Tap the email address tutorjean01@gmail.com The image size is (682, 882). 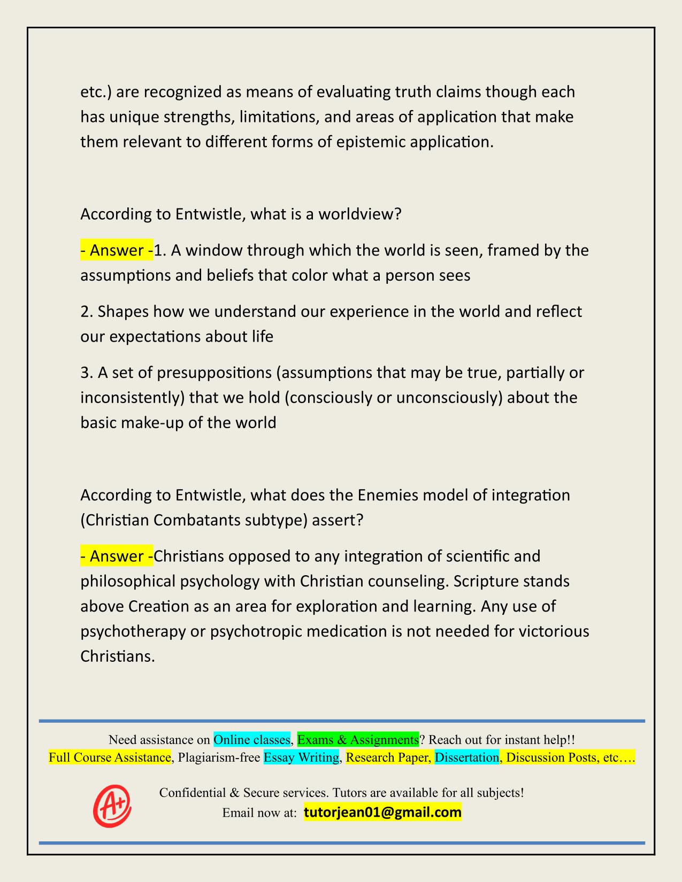click(x=382, y=813)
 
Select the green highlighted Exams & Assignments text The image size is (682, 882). click(x=358, y=740)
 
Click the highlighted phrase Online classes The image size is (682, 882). click(x=252, y=740)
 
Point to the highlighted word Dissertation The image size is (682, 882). click(x=466, y=757)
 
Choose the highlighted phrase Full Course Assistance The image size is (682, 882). click(x=110, y=757)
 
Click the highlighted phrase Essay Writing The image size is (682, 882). click(x=302, y=757)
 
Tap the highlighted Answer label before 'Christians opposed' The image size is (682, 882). click(x=117, y=556)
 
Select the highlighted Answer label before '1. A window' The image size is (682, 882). click(x=117, y=250)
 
